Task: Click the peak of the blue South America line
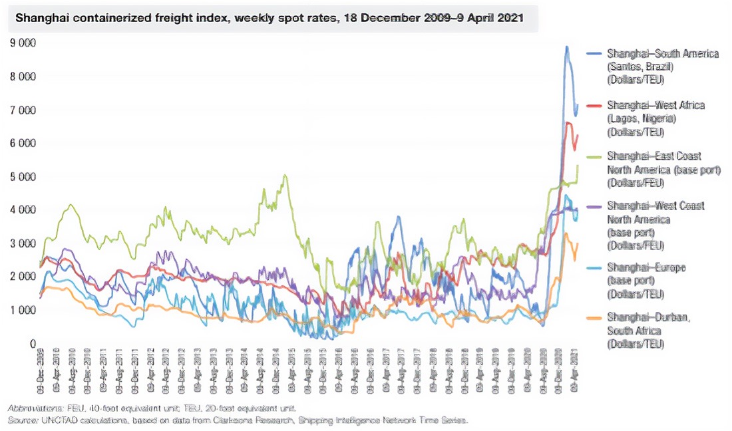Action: point(566,47)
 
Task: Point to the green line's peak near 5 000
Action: point(285,176)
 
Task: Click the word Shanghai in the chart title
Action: point(37,19)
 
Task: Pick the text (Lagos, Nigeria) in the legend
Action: point(641,118)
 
